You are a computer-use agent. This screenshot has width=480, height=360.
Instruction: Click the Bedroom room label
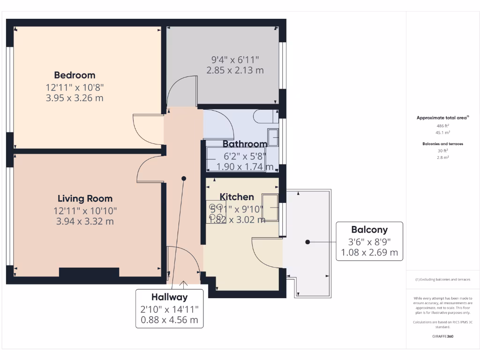pos(75,75)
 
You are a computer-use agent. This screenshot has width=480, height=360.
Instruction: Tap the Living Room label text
pos(85,198)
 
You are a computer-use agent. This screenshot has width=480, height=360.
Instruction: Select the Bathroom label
pos(245,144)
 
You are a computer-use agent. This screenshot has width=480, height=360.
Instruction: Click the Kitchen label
pos(237,197)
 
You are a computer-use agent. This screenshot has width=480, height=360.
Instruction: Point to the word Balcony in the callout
pos(369,230)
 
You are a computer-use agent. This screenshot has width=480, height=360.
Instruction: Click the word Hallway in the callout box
pos(169,297)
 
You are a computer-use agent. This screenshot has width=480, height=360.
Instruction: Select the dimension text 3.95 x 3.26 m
pos(75,98)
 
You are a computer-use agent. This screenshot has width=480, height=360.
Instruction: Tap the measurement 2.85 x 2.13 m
pos(235,70)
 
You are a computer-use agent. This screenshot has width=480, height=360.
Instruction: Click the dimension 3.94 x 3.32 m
pos(85,221)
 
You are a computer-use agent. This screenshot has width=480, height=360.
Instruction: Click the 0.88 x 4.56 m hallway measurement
pos(169,320)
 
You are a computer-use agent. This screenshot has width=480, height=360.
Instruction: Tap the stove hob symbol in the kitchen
pos(216,212)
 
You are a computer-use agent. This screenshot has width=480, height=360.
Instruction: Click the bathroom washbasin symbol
pos(273,137)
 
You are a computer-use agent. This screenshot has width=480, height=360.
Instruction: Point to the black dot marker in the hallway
pos(184,179)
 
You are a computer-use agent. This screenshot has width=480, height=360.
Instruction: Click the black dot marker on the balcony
pos(307,242)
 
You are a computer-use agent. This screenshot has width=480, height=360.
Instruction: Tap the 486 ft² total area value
pos(442,126)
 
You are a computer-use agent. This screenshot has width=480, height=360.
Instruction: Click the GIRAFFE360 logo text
pos(442,336)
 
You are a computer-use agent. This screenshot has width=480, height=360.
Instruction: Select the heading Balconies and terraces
pos(442,144)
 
